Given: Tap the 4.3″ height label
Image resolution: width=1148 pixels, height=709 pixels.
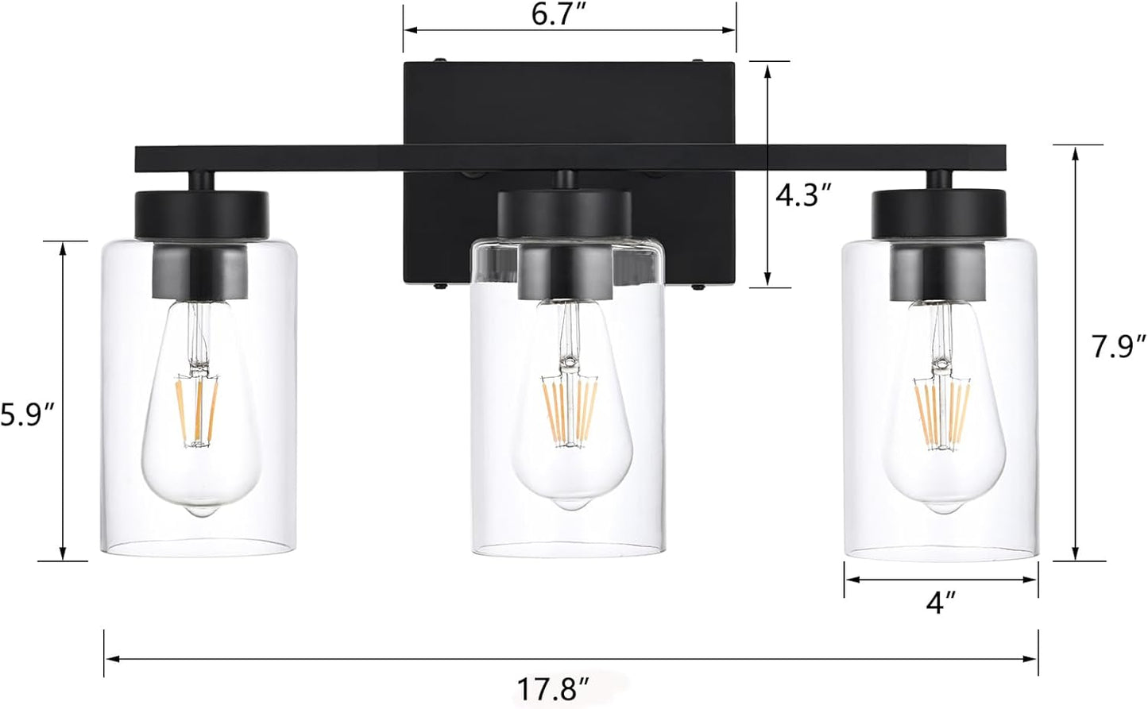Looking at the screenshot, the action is tap(802, 195).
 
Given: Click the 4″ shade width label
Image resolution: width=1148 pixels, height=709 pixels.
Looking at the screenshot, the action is tap(940, 603).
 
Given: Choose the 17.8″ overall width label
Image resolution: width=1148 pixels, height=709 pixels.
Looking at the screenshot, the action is tap(552, 689).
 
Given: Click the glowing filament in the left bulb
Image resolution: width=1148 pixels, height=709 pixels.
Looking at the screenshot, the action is tap(197, 410).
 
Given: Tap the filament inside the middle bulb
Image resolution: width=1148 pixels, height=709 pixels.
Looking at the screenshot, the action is tap(570, 411).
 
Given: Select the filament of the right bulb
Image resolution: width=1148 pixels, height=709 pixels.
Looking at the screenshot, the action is tap(942, 416).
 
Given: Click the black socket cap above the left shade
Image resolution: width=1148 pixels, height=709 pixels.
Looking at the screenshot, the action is tap(202, 214).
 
